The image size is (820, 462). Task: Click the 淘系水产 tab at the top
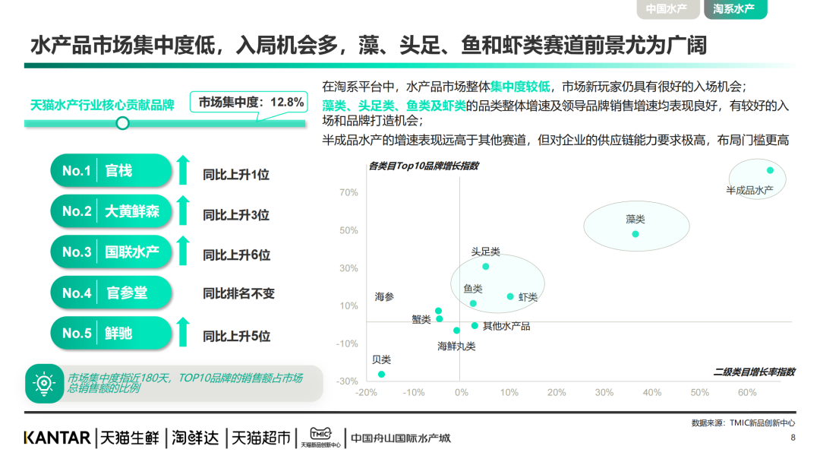[x=735, y=9]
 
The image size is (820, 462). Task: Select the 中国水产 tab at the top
[x=667, y=9]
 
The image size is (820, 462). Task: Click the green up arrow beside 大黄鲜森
[x=182, y=211]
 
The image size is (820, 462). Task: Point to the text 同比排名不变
[x=238, y=293]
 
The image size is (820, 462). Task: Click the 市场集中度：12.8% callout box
[x=251, y=102]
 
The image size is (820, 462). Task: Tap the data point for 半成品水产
[x=770, y=170]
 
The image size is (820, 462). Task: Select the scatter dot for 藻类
[x=635, y=234]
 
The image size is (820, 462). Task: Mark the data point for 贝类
[x=381, y=374]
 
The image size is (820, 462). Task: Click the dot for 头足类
[x=486, y=266]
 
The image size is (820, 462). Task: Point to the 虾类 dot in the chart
[x=511, y=296]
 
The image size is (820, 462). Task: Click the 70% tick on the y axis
[x=348, y=193]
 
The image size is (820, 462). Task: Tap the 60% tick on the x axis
[x=747, y=393]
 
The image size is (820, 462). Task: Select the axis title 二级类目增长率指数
[x=754, y=372]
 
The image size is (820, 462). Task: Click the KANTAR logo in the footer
[x=57, y=438]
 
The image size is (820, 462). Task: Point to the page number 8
[x=793, y=438]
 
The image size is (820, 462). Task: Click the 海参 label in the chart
[x=385, y=297]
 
